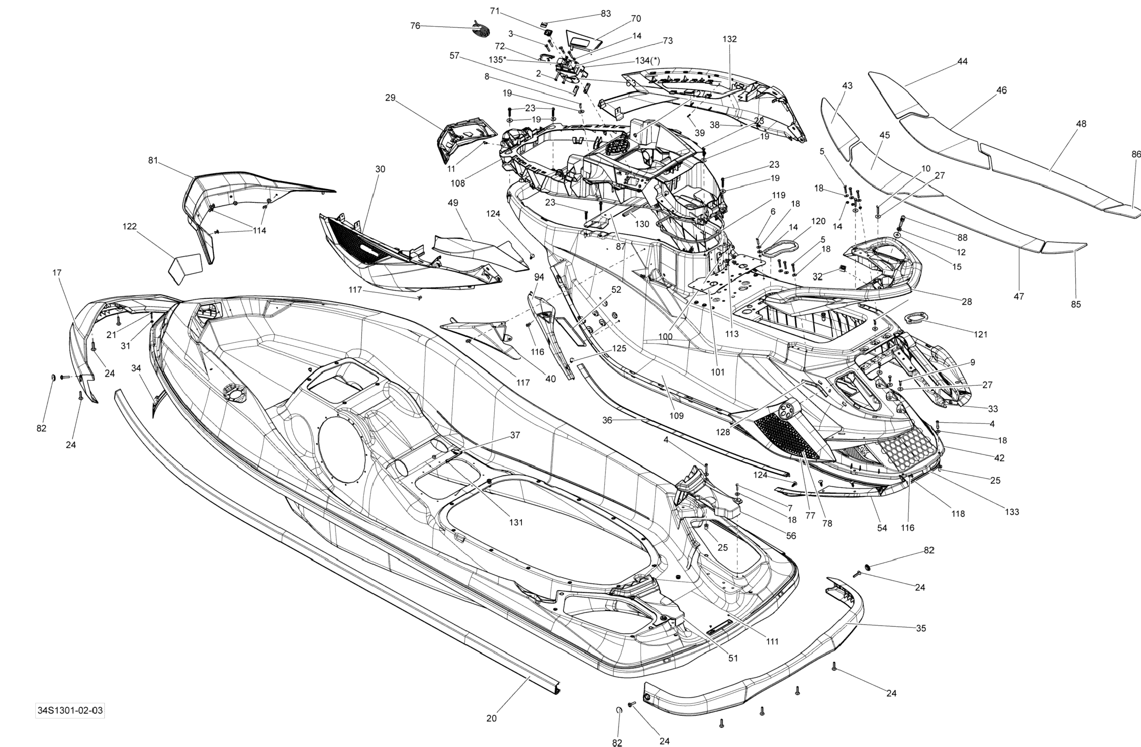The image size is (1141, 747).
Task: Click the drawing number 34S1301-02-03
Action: (70, 710)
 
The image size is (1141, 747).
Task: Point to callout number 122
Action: (130, 226)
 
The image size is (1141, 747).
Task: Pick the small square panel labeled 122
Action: (184, 268)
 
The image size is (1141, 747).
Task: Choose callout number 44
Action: (962, 61)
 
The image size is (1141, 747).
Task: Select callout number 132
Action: (729, 39)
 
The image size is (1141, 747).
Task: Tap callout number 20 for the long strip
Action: (491, 718)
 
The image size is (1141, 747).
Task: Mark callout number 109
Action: (676, 416)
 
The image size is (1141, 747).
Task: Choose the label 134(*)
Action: (647, 61)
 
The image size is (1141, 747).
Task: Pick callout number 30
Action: (380, 169)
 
